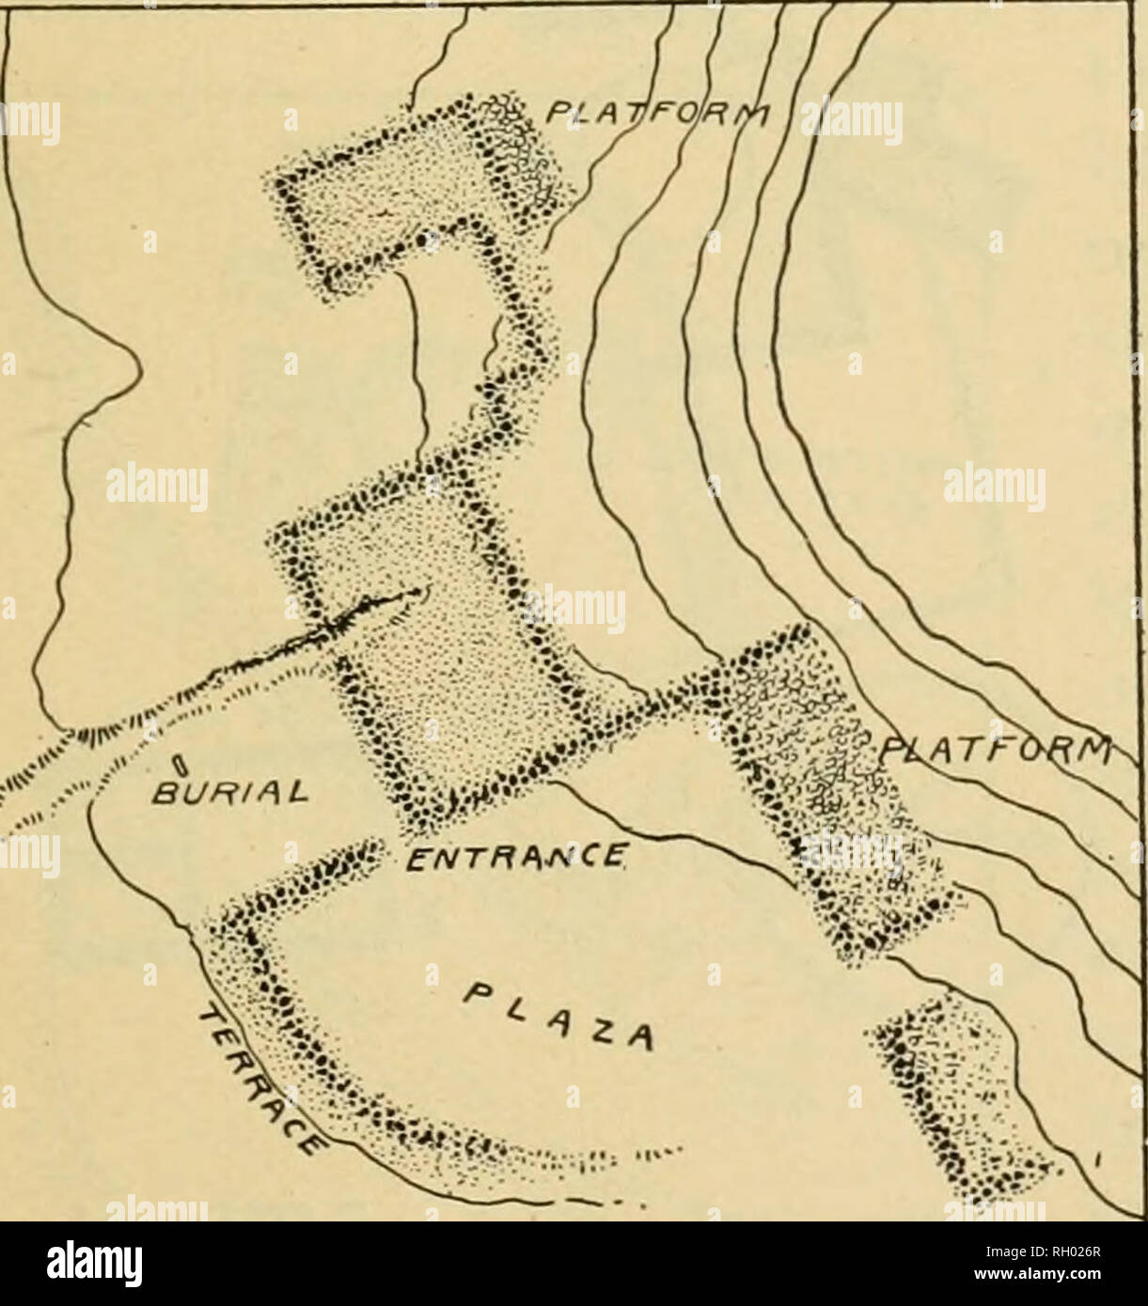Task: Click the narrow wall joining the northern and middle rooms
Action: click(512, 376)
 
